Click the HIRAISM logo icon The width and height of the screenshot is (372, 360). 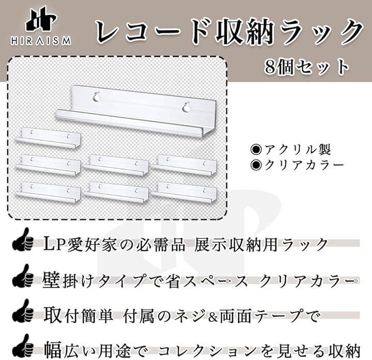tap(41, 20)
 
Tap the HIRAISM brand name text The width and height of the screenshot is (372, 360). tap(41, 41)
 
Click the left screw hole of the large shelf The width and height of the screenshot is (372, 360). tap(96, 97)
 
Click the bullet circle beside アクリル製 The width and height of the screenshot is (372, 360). tap(256, 150)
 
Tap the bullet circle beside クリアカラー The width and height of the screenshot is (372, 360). tap(256, 165)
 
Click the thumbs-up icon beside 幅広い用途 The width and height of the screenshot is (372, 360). tap(23, 346)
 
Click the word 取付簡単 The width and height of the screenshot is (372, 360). tap(79, 316)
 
